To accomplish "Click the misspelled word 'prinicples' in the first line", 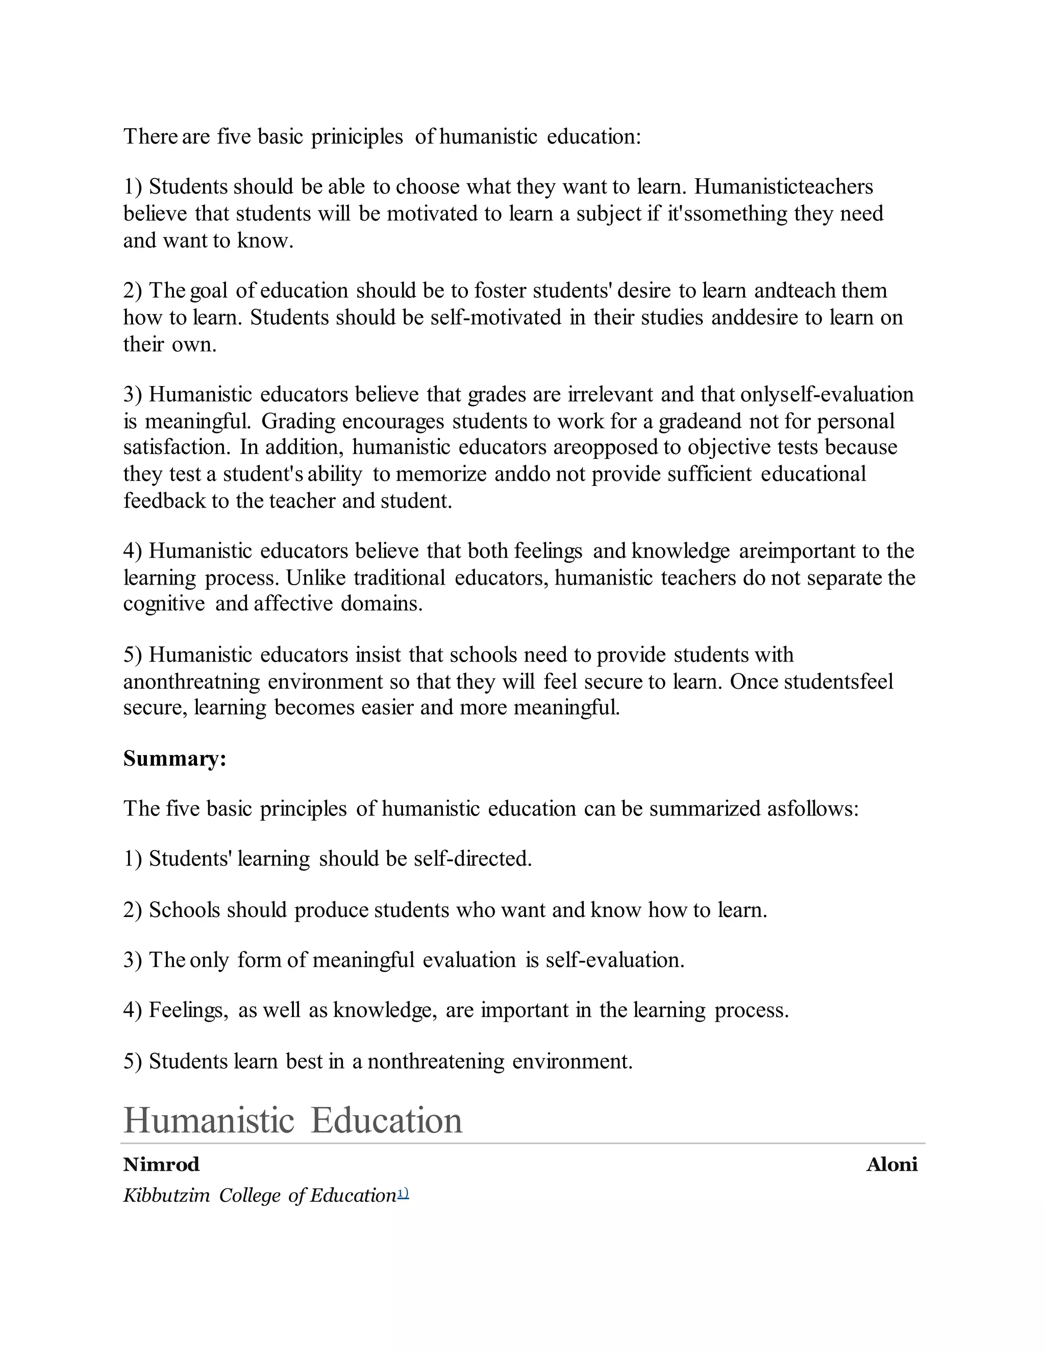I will point(357,136).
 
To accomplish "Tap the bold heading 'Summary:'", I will point(175,758).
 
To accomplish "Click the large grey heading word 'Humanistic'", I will point(209,1121).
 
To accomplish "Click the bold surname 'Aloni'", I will point(891,1165).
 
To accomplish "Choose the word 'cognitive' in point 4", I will point(164,603).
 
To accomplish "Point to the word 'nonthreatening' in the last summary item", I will point(436,1061).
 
